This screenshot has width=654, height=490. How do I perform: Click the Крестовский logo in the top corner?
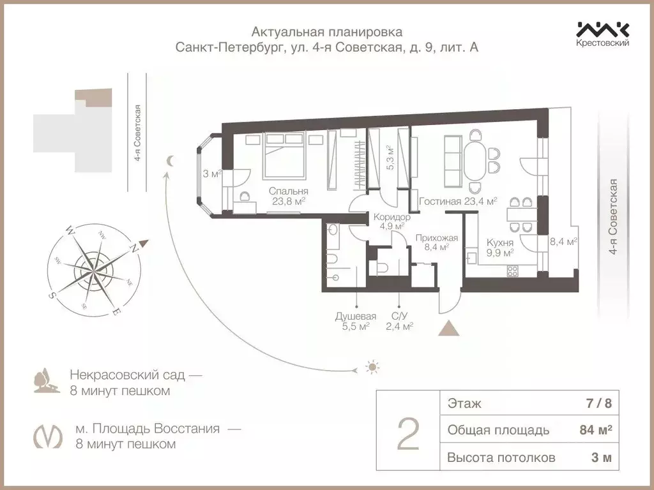(603, 34)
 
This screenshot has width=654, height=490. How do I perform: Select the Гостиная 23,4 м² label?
(457, 201)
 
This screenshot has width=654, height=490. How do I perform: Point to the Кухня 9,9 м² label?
(499, 248)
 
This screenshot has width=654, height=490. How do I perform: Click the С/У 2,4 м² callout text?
(399, 321)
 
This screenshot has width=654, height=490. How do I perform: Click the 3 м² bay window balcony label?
(211, 174)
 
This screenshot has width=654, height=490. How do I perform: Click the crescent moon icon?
(169, 161)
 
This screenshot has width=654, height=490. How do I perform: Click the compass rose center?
(93, 265)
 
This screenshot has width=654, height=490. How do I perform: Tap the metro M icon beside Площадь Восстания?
(47, 436)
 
